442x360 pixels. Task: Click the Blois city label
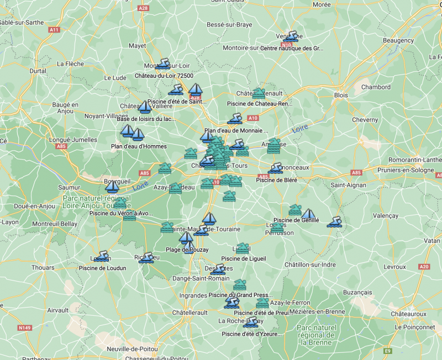coord(341,95)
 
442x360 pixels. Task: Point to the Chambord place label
coord(376,87)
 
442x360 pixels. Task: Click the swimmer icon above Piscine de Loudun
coord(102,257)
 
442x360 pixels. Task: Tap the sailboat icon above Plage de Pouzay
coord(187,238)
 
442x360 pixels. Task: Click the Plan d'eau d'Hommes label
coord(139,146)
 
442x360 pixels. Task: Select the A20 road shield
coord(424,267)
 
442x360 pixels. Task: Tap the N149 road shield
coord(24,328)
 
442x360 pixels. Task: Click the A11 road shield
coord(54,30)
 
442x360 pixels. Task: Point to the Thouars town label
coord(43,268)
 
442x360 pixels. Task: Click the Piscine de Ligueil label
coord(244,258)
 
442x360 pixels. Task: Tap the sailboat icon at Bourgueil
coord(112,186)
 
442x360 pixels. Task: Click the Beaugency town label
coord(398,40)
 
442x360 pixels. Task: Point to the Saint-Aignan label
coord(348,185)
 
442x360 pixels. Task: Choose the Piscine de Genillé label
coord(296,220)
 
